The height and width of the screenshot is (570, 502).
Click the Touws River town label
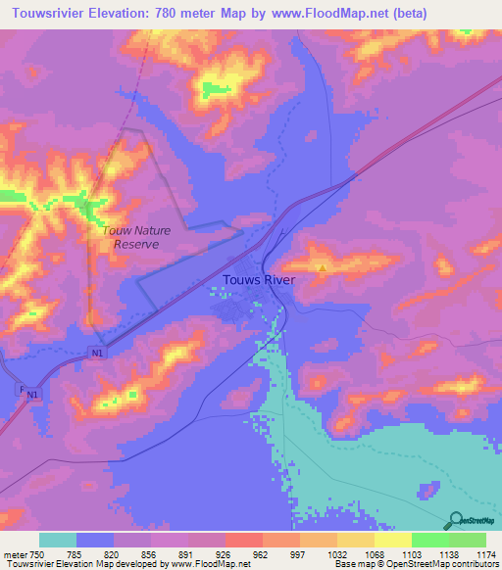257,280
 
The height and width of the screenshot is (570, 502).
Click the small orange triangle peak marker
322,265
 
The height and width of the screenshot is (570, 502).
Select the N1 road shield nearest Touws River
95,353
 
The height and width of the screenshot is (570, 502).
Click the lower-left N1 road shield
34,395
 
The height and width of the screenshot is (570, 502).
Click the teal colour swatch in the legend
58,540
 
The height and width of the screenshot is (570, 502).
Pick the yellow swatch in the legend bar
392,540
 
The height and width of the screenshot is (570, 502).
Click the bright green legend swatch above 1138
429,540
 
